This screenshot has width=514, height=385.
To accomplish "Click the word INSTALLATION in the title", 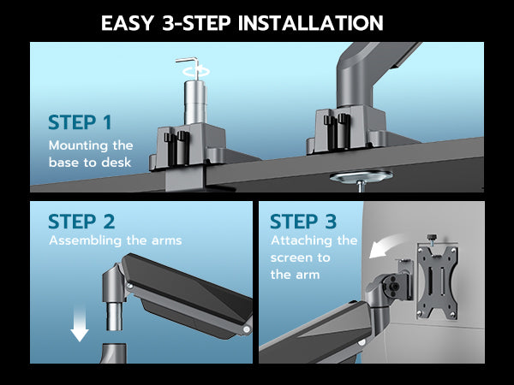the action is [x=310, y=23].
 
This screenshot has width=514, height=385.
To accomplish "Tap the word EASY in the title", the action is [x=128, y=23].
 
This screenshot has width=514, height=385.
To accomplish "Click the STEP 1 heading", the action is [x=80, y=122].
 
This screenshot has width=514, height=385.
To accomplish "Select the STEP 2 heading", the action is [x=81, y=222].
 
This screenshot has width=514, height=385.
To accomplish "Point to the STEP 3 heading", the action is [x=303, y=222].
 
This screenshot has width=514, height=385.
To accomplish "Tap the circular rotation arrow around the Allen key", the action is [x=196, y=71].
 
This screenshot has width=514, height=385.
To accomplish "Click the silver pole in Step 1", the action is [x=195, y=102].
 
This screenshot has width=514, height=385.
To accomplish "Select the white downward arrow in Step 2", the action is [x=80, y=323].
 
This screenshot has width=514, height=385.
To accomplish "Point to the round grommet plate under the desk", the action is [x=362, y=176].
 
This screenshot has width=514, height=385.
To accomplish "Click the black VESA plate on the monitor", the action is [x=437, y=282].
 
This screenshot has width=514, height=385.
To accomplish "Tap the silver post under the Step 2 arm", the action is [x=114, y=316].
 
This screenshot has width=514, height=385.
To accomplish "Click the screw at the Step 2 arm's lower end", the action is [x=246, y=329].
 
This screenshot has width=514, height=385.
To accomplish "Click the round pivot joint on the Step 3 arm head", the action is [x=393, y=286].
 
